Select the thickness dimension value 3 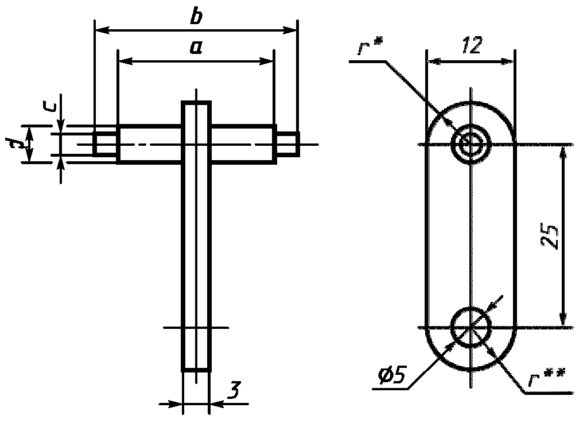tap(234, 390)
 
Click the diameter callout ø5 tap(391, 375)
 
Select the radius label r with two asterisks tap(547, 378)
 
